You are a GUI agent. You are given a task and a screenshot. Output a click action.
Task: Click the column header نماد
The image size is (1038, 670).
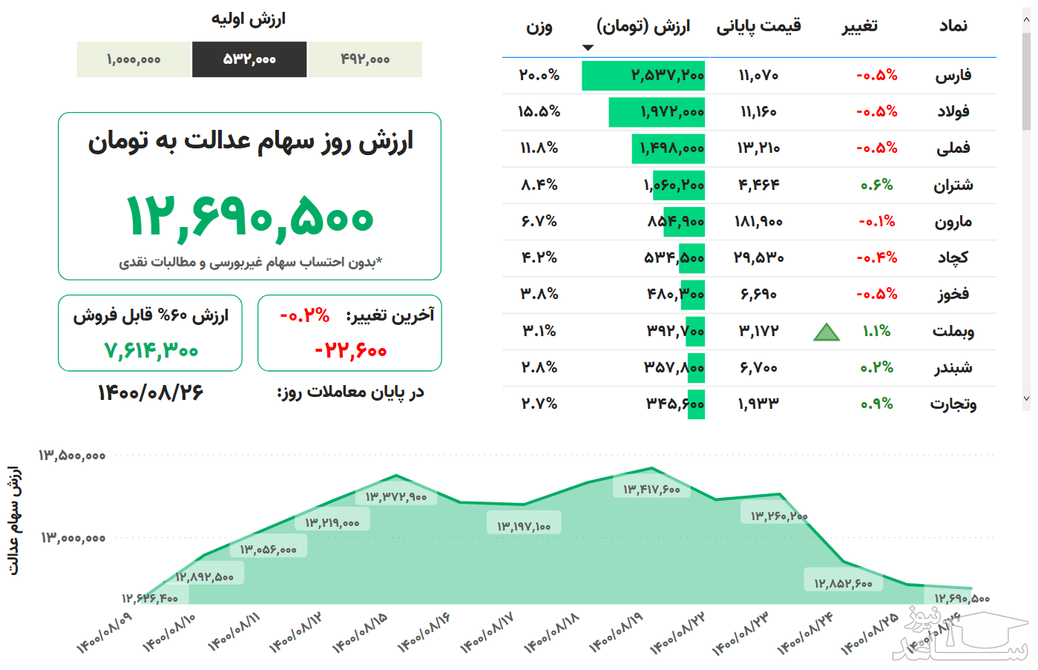953,27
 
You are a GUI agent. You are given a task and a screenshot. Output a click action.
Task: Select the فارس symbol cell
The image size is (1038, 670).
953,76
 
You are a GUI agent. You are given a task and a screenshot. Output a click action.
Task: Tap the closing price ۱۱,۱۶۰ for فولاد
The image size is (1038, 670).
758,112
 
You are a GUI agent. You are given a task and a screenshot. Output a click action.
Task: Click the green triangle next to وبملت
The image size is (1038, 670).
826,332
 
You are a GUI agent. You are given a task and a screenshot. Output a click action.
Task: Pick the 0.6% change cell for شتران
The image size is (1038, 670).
876,185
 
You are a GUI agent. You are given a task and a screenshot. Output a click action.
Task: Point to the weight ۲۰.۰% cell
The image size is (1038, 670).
539,76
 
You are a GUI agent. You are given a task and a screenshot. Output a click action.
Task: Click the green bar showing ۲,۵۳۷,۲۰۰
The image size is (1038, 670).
643,76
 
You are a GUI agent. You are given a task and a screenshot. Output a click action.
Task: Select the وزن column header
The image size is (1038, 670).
539,27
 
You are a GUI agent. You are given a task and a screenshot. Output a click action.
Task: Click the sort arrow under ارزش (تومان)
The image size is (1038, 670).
588,48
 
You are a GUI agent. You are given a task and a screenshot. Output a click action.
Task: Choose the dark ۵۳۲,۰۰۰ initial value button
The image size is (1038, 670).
249,59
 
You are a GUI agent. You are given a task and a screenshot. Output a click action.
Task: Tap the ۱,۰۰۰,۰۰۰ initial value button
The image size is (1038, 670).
134,59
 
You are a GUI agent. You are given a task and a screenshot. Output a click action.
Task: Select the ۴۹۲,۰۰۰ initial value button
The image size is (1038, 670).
365,59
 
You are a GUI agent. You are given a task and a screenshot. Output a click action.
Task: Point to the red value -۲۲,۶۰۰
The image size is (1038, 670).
350,350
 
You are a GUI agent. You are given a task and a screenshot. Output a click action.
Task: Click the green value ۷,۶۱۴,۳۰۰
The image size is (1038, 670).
151,350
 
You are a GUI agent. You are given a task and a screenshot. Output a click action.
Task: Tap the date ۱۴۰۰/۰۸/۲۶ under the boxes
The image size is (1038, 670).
151,393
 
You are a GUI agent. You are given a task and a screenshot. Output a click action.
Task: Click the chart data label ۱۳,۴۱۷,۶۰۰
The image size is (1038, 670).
651,489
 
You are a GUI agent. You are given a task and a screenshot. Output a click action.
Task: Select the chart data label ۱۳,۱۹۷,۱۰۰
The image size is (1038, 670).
524,526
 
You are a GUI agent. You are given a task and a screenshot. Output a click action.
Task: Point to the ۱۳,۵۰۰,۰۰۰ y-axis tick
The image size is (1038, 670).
72,456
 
